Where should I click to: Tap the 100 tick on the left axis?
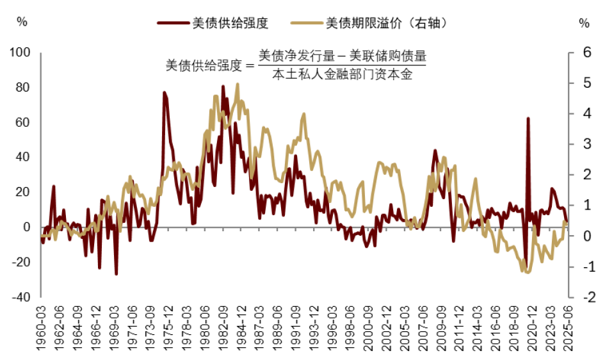pos(22,52)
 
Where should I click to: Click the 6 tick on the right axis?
pos(584,52)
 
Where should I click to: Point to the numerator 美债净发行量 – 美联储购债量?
pos(342,56)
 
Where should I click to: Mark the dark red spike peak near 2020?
pos(528,119)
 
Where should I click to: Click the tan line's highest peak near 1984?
pos(238,84)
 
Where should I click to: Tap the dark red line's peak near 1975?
pos(164,93)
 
